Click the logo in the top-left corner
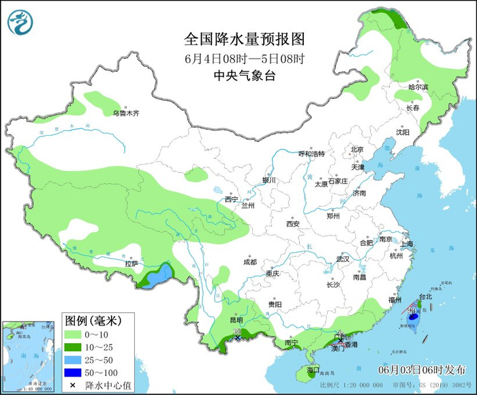pos(20,22)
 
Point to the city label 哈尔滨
pos(418,87)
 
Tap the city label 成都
pos(249,262)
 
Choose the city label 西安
pos(293,223)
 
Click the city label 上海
pos(407,244)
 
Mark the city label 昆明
pos(236,319)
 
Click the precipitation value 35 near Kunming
pos(237,331)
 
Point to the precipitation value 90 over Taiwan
pos(412,311)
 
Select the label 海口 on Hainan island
pos(313,370)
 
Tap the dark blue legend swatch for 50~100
pos(74,372)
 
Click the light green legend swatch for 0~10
pos(74,335)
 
